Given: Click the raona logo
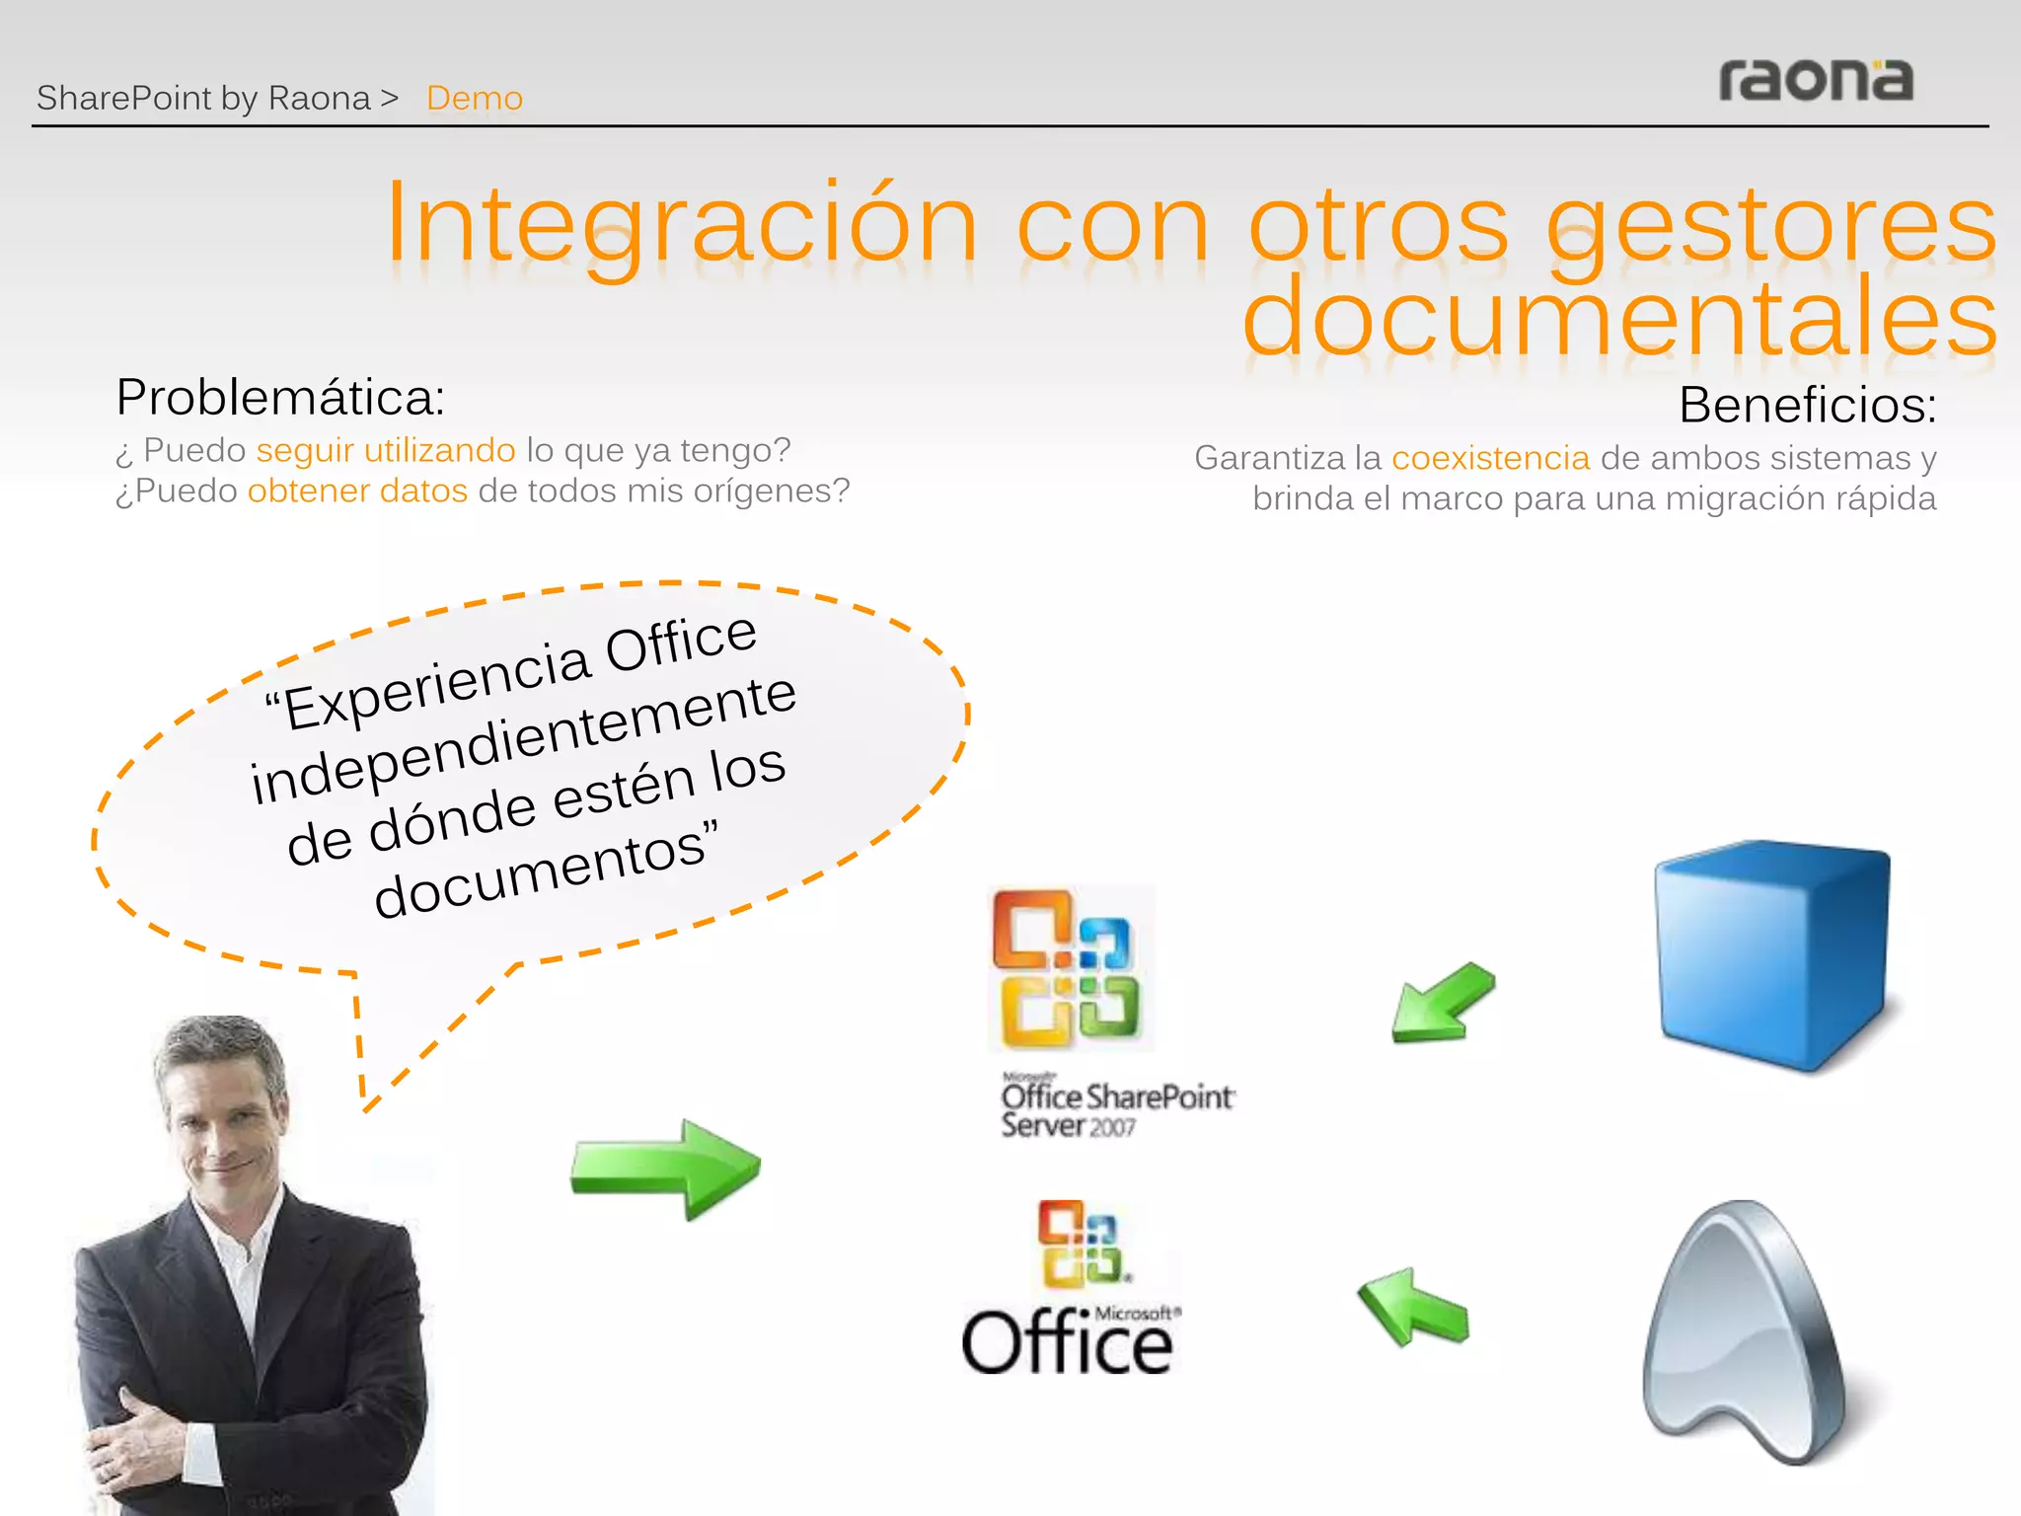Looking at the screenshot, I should [1815, 81].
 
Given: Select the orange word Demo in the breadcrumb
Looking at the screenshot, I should [475, 99].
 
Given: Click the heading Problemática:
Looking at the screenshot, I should [280, 398].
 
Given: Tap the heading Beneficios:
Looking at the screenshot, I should [1807, 405].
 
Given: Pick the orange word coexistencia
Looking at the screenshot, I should [1490, 458].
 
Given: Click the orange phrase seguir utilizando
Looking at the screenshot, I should [385, 450].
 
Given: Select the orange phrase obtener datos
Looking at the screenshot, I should [357, 491].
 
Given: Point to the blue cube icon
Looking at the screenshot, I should [1772, 952].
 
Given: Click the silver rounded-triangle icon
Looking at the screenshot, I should [1742, 1332].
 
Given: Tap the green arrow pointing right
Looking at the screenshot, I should [665, 1169].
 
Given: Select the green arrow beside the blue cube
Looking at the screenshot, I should [1443, 1003].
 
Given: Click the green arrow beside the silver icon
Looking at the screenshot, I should [1413, 1309].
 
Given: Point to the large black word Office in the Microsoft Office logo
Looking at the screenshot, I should [1067, 1343].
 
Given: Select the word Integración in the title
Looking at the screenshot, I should [681, 225].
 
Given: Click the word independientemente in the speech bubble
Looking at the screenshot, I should [523, 737].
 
